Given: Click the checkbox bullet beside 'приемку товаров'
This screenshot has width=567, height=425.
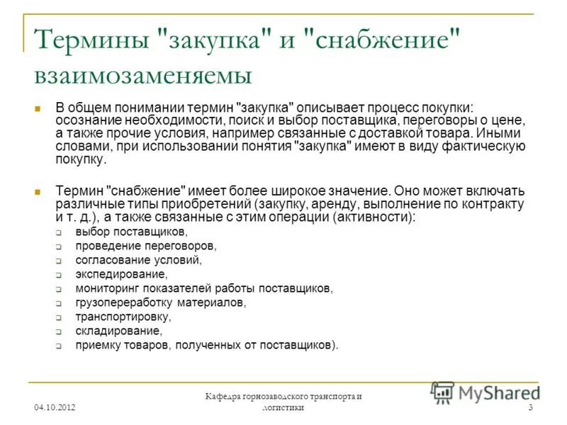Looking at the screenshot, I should pyautogui.click(x=60, y=346).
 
